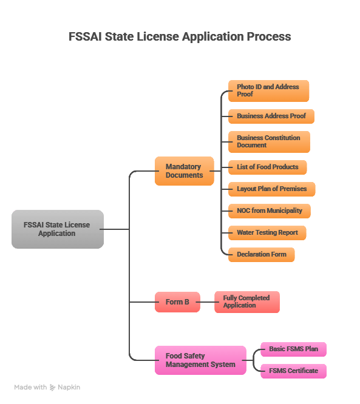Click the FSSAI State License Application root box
(57, 229)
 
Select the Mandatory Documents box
(185, 171)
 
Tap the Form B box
(177, 302)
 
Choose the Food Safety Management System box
(200, 360)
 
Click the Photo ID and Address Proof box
(268, 91)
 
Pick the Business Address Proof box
(271, 116)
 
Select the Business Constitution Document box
(269, 142)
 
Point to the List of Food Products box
(267, 167)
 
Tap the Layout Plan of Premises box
(271, 189)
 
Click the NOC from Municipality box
(269, 211)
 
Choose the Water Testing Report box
(267, 233)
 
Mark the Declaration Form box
(261, 255)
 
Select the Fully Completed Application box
(246, 302)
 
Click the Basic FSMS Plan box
(293, 349)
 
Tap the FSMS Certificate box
(293, 371)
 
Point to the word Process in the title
(268, 36)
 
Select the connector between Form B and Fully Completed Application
(207, 302)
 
